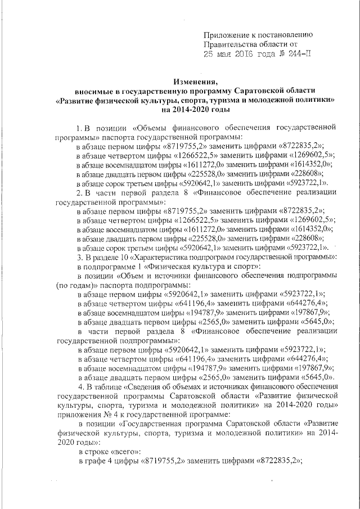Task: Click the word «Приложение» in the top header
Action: tap(225, 34)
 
